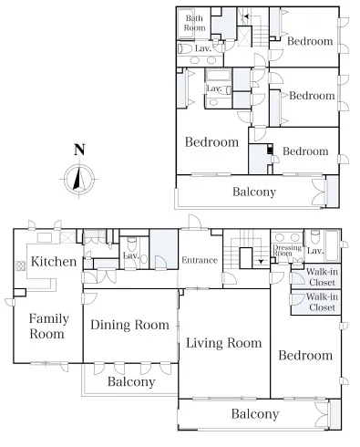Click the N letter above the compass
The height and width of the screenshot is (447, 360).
[79, 150]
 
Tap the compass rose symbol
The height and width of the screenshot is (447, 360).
[79, 179]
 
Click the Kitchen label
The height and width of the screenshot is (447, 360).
[54, 262]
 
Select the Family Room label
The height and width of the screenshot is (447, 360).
[48, 327]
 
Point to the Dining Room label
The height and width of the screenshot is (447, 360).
[129, 325]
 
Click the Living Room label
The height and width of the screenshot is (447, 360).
[223, 343]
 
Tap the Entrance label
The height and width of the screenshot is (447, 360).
[200, 260]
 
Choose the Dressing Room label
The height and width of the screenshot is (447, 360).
[287, 250]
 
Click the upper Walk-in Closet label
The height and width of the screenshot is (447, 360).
[322, 277]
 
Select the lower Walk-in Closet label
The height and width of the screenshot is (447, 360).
[322, 302]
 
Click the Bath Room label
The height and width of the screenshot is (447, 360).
[194, 23]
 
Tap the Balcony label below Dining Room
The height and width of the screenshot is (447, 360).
[131, 381]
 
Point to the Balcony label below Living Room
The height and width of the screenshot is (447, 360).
[255, 414]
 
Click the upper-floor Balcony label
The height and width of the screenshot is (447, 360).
[254, 192]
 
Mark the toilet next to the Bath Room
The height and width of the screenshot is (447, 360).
[185, 48]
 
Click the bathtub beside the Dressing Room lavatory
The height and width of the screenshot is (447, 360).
[332, 246]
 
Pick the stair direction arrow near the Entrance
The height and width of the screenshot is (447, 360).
[261, 261]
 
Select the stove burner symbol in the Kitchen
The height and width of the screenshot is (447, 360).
[20, 266]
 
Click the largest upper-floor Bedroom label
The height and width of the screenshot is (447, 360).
[211, 142]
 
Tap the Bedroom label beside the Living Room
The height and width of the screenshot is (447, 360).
[305, 356]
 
